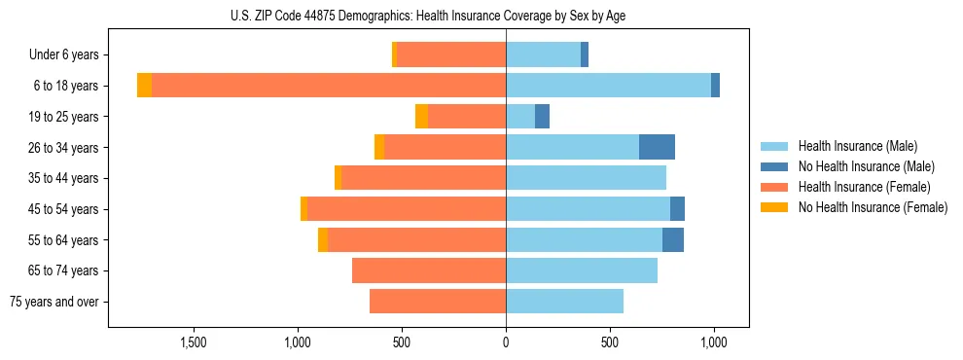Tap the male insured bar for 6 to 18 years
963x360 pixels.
(608, 86)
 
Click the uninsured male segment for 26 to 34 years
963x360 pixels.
(657, 147)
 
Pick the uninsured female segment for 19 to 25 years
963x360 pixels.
(421, 117)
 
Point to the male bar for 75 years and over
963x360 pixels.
(564, 302)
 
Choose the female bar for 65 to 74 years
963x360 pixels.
(429, 270)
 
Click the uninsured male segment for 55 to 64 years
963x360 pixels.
(673, 240)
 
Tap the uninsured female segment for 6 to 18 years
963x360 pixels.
(144, 86)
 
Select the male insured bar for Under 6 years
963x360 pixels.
(543, 54)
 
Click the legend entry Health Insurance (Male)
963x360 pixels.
(857, 146)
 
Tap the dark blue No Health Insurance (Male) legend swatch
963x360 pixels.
(774, 166)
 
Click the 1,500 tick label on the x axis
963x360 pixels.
(193, 342)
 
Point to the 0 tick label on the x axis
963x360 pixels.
(506, 342)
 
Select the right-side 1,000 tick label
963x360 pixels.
(714, 342)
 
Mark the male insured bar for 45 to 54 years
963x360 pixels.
(588, 209)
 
